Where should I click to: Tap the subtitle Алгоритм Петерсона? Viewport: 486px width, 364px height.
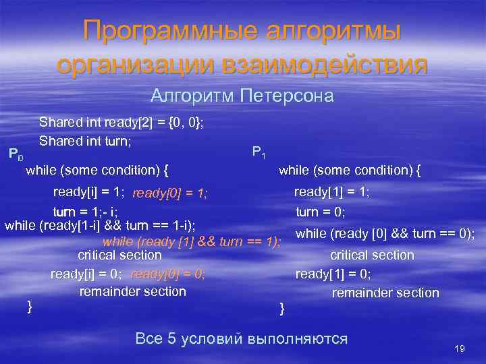pos(242,96)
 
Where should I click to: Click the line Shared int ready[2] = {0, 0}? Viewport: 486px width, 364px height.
pos(122,123)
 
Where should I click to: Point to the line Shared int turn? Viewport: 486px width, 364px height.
pos(85,141)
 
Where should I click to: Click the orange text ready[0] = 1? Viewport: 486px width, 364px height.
pos(170,194)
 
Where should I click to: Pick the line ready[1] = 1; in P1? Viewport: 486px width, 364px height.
pos(331,192)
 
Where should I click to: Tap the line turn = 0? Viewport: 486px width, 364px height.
pos(321,212)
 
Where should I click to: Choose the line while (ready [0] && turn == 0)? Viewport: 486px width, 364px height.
pos(385,234)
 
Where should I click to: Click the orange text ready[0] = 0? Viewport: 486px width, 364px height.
pos(168,274)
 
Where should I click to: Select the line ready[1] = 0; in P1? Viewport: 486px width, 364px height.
pos(333,274)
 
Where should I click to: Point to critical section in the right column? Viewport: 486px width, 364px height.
pos(371,255)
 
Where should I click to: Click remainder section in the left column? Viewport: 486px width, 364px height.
pos(132,291)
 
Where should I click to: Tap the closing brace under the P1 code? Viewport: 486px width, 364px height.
pos(282,309)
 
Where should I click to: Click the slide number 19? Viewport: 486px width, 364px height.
pos(460,348)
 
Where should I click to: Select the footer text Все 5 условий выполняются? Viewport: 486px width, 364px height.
pos(242,338)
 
